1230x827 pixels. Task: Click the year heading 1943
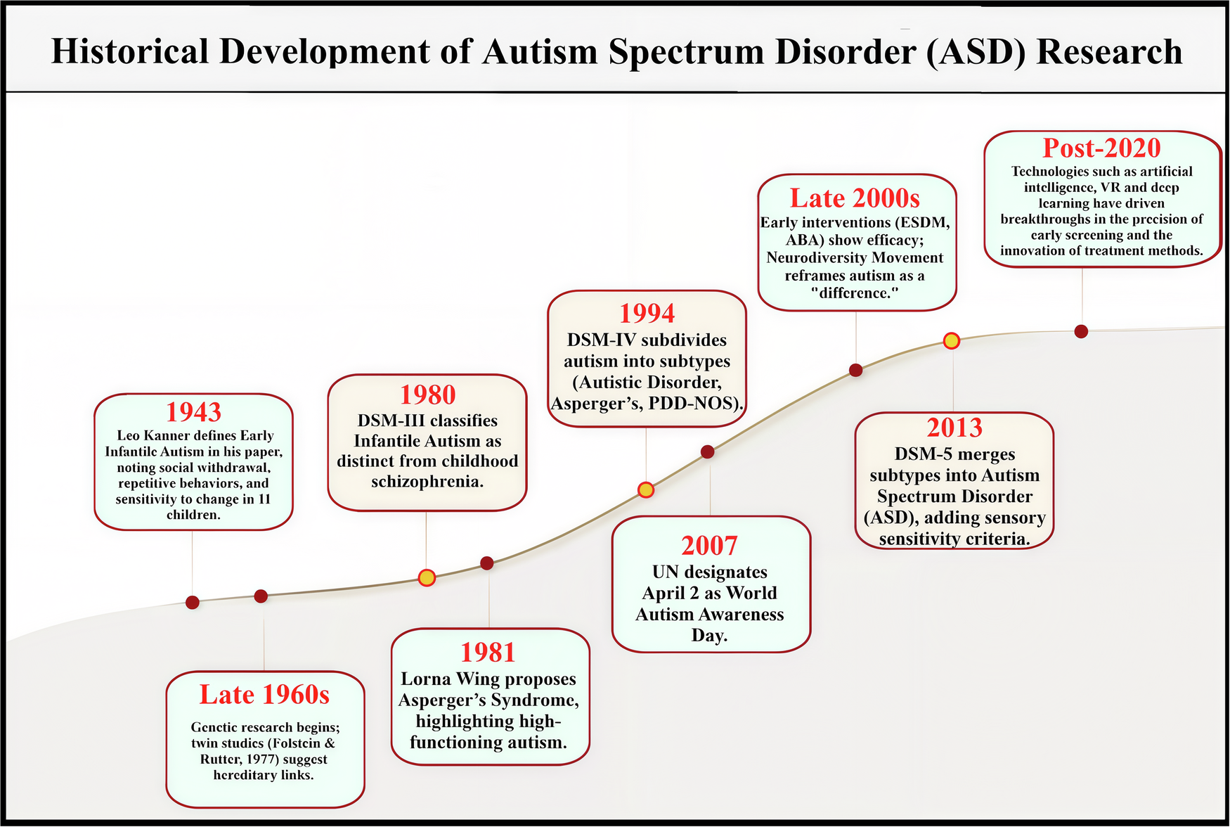[x=193, y=411]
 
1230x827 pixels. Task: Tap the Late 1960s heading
[x=264, y=695]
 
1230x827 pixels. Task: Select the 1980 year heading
[x=427, y=395]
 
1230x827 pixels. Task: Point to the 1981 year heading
[x=488, y=653]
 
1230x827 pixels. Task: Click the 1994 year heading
[x=647, y=313]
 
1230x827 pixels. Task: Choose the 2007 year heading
[x=709, y=546]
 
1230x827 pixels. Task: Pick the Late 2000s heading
[x=855, y=198]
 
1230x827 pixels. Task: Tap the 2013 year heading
[x=954, y=428]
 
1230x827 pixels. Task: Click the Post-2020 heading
[x=1101, y=148]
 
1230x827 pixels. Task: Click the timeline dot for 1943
[x=192, y=602]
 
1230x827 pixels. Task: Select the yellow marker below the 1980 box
[x=427, y=578]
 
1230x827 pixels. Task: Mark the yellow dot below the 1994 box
[x=646, y=490]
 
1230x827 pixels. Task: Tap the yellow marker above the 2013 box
[x=951, y=341]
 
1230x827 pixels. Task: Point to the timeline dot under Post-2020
[x=1081, y=331]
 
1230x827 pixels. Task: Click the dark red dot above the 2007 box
[x=708, y=451]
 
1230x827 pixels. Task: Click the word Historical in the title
[x=130, y=52]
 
